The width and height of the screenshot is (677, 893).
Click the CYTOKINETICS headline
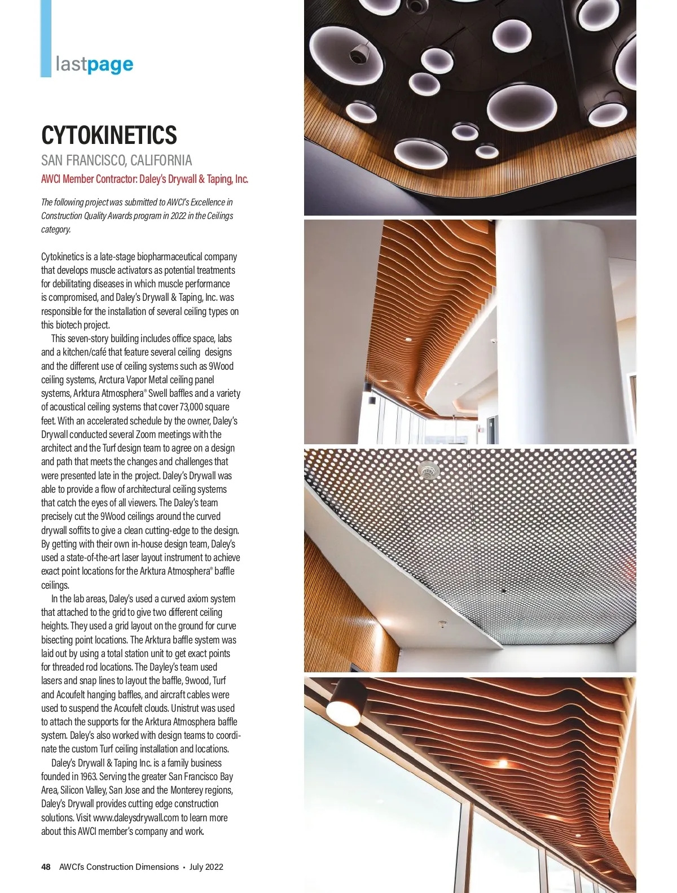tap(109, 135)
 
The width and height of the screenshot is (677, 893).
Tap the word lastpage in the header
tap(94, 64)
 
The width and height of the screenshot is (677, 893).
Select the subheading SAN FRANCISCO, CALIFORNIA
tap(116, 160)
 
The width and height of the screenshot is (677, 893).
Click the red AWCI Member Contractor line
tap(144, 179)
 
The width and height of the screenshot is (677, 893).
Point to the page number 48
tap(46, 866)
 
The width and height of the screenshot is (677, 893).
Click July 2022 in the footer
tap(206, 866)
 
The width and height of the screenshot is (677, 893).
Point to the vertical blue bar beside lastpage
tap(46, 38)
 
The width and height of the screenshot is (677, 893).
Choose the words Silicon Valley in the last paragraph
tap(83, 790)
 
